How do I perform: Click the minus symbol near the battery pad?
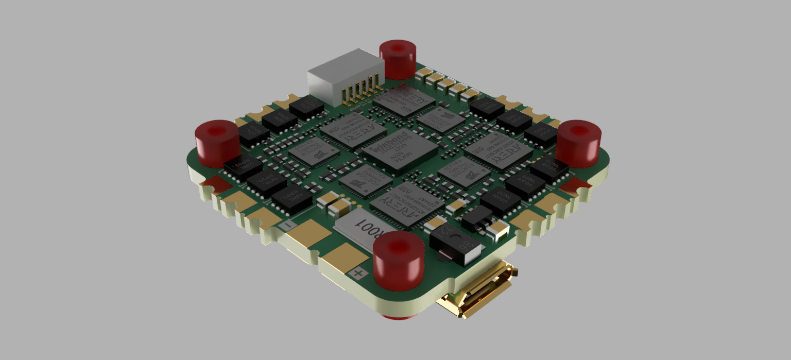289,225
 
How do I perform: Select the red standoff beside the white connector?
398,59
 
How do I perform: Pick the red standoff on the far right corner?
578,143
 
